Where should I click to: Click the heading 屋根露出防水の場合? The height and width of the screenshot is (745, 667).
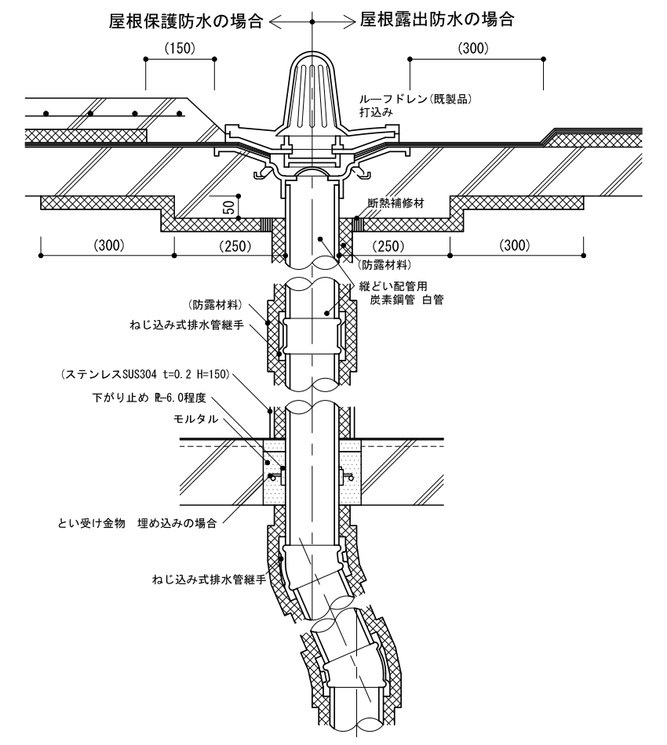tap(438, 20)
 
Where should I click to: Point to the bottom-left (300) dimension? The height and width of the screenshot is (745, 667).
tap(108, 245)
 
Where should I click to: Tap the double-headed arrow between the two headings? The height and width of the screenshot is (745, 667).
tap(312, 22)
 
